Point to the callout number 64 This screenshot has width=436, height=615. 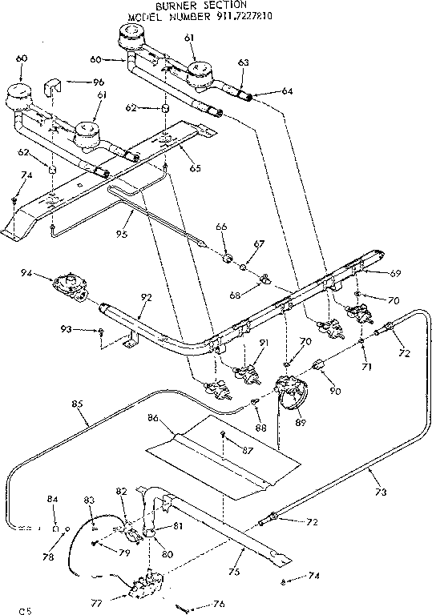click(x=286, y=90)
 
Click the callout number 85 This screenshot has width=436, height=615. click(x=78, y=404)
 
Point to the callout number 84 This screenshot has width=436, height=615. click(x=54, y=500)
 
